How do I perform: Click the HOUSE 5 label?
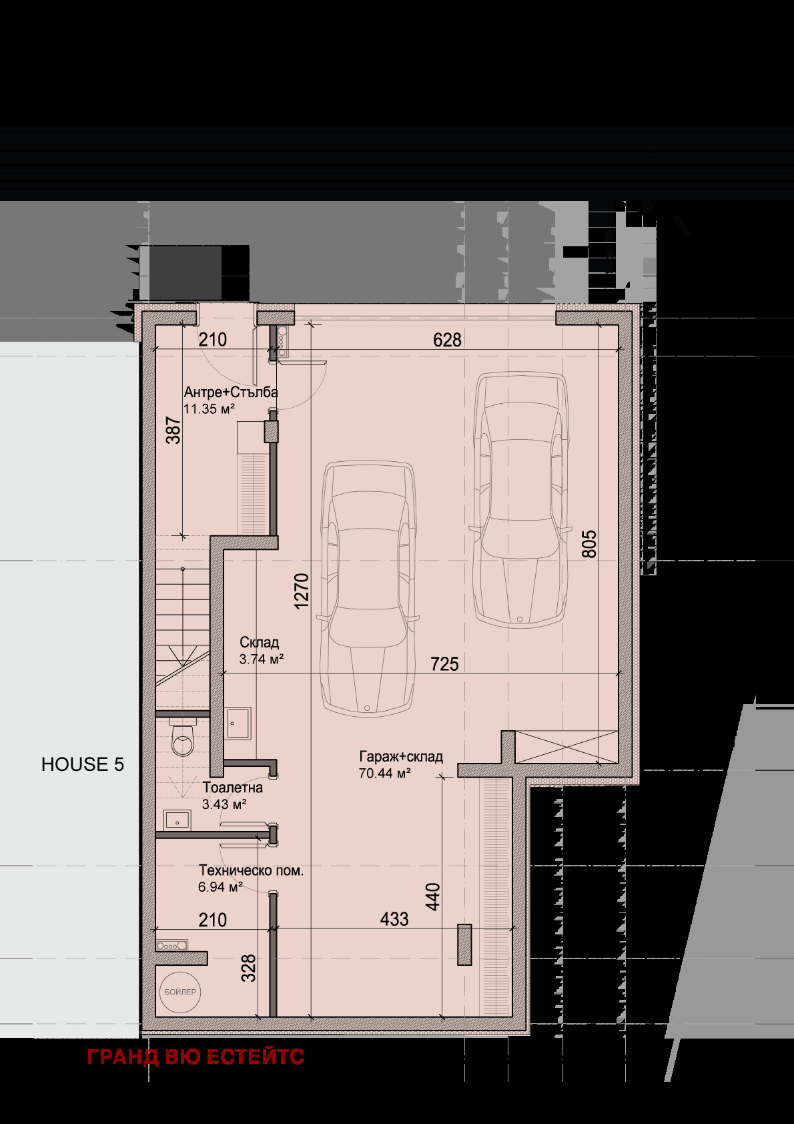82,764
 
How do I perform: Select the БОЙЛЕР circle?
180,992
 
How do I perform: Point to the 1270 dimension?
302,591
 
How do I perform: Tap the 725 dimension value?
444,664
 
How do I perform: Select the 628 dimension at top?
447,340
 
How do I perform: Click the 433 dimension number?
394,919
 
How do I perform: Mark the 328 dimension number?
248,968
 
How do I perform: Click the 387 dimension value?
173,430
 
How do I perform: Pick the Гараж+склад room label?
401,756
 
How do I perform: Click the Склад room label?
260,642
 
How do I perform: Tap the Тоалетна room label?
232,788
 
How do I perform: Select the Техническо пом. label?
252,870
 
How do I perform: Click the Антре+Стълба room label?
231,392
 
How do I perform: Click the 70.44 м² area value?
385,774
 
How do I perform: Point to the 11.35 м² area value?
209,408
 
